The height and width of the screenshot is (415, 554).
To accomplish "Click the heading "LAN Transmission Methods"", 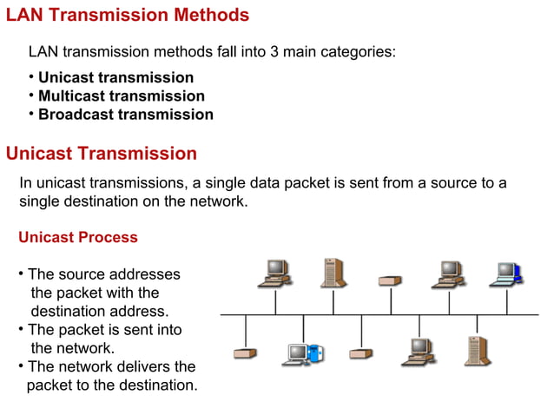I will click(128, 15).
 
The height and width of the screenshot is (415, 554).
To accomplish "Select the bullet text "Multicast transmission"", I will click(121, 96).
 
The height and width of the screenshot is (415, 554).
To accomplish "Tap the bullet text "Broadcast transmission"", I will click(125, 114).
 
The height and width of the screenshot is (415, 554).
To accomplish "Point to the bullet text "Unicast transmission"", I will click(115, 77).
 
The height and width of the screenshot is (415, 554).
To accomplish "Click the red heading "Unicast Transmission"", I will click(102, 154).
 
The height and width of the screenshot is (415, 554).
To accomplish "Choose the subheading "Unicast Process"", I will click(77, 237).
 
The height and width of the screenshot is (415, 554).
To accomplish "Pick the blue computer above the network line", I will click(505, 273).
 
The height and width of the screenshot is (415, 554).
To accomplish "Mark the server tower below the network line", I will click(476, 350).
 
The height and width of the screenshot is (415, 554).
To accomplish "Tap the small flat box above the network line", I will click(390, 280).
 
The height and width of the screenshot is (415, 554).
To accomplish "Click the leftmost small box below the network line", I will click(246, 353).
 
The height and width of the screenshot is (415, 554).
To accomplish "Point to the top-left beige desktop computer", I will click(275, 273).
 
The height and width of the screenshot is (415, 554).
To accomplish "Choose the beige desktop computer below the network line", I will click(418, 351).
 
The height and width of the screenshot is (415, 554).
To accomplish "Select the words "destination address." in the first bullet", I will click(100, 311).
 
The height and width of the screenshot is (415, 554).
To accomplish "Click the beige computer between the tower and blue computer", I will click(448, 273).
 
